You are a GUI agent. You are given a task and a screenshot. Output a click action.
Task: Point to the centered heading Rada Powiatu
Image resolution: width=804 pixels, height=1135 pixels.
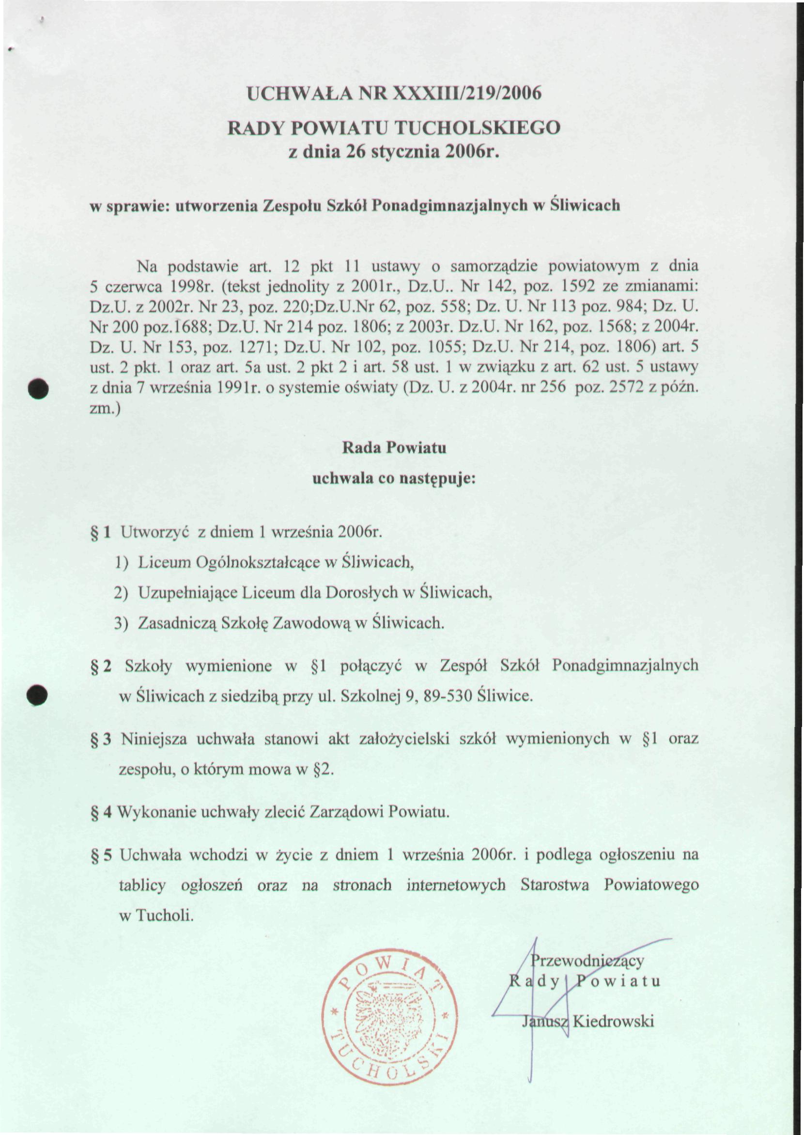click(394, 448)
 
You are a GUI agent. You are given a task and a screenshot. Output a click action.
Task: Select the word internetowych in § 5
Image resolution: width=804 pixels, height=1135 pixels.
click(455, 885)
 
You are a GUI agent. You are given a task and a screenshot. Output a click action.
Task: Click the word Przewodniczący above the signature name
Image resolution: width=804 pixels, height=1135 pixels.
click(587, 961)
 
